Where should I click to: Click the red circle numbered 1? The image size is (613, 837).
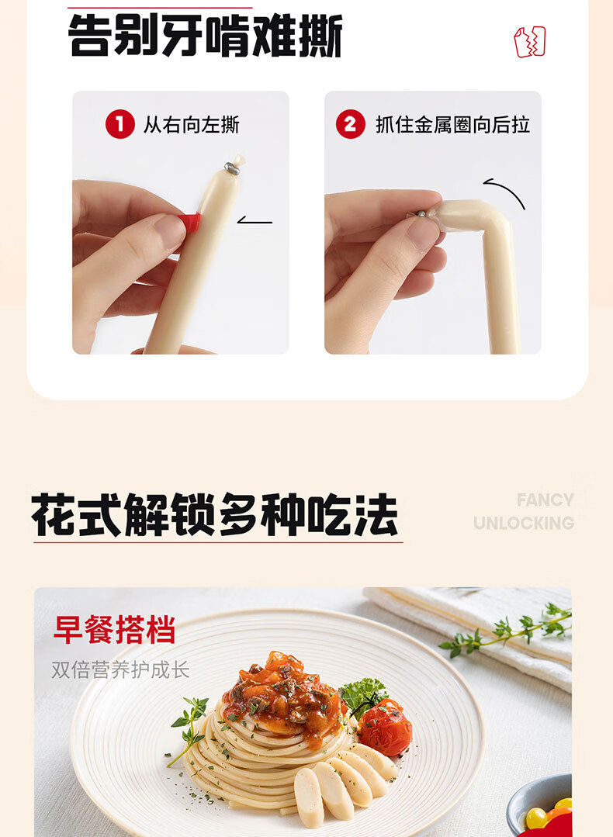[119, 124]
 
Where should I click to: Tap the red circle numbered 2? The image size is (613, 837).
[350, 124]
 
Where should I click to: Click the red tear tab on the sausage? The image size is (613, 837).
[192, 223]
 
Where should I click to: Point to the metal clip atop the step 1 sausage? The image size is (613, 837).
[231, 168]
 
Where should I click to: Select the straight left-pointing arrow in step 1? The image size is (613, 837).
[255, 220]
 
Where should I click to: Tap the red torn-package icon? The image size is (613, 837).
[530, 42]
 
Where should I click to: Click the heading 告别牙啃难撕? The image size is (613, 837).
[206, 35]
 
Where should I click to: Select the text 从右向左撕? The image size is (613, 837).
[191, 125]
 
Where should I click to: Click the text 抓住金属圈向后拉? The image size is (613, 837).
[452, 125]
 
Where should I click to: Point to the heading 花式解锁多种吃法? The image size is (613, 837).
[214, 514]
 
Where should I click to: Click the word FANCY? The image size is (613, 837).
[545, 500]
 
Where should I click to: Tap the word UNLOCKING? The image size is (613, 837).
[524, 523]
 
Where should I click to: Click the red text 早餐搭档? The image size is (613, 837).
[114, 630]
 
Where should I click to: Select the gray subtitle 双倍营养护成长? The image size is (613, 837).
[121, 670]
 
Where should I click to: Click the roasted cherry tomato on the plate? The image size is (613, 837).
[384, 728]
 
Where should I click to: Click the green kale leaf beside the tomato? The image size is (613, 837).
[362, 695]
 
